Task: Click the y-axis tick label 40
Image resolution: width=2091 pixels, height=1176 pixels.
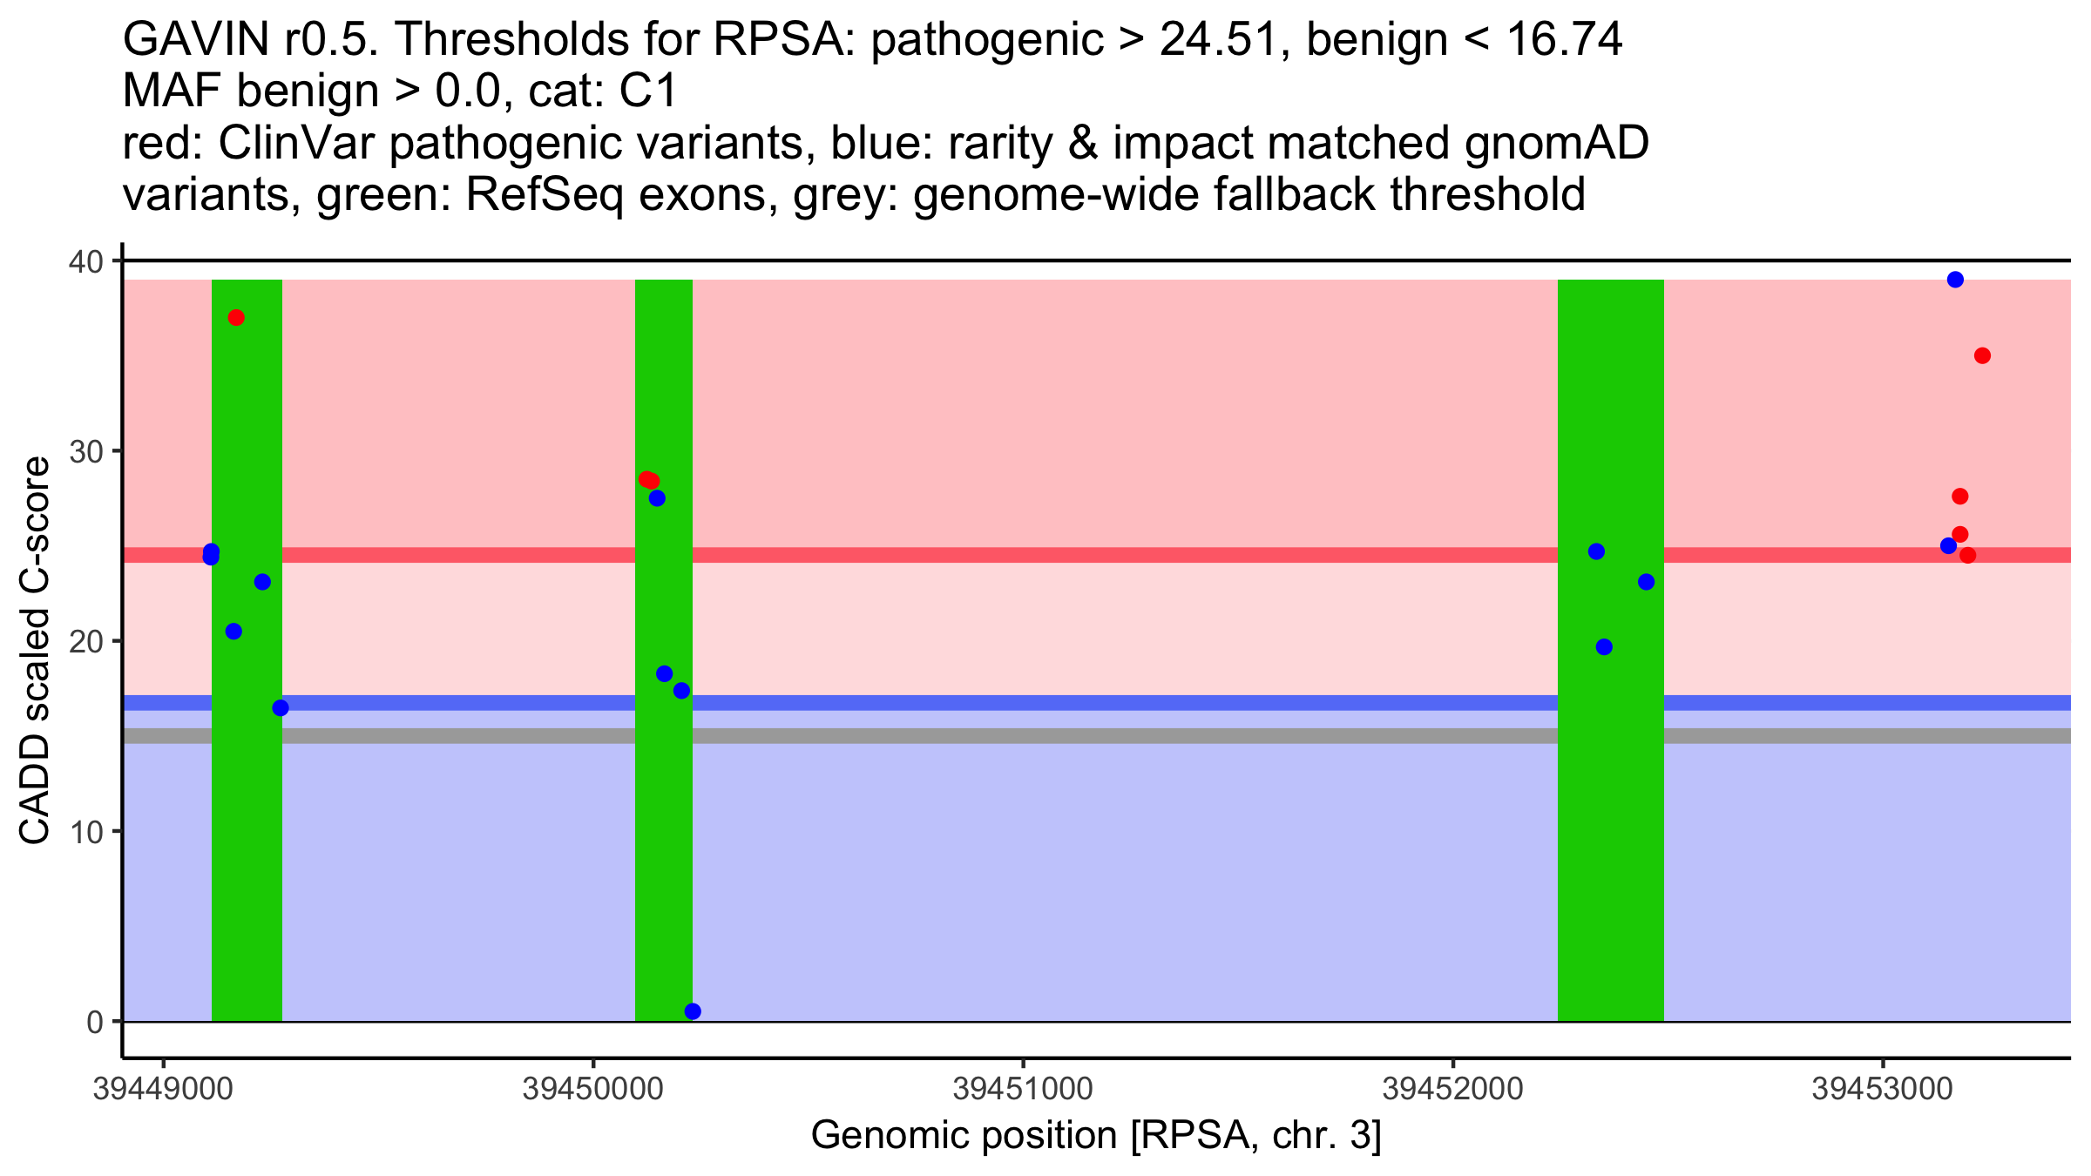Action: (x=86, y=261)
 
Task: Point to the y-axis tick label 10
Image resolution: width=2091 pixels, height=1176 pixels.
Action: (x=86, y=832)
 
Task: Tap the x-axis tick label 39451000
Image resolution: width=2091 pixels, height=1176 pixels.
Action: (x=1023, y=1090)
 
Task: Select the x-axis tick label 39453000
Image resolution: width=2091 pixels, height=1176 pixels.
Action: (x=1883, y=1090)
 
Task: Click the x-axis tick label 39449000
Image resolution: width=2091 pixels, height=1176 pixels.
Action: (x=163, y=1090)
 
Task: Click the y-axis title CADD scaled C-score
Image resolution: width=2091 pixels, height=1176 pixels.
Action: (x=35, y=652)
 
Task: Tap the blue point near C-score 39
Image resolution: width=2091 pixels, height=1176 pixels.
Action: (x=1955, y=280)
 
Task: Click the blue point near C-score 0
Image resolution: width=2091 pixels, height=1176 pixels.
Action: (x=693, y=1011)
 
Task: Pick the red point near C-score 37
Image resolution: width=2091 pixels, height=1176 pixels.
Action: (x=236, y=317)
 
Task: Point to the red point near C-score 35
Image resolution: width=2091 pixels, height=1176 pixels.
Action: (x=1982, y=355)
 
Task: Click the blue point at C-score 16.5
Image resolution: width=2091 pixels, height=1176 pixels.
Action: (x=281, y=707)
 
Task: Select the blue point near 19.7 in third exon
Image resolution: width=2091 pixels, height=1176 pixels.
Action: (x=1604, y=646)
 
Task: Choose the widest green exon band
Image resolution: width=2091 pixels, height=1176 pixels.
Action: (x=1611, y=651)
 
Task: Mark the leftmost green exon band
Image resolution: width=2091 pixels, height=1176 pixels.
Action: (x=247, y=651)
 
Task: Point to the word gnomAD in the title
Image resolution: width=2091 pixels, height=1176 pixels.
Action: (x=1557, y=144)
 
